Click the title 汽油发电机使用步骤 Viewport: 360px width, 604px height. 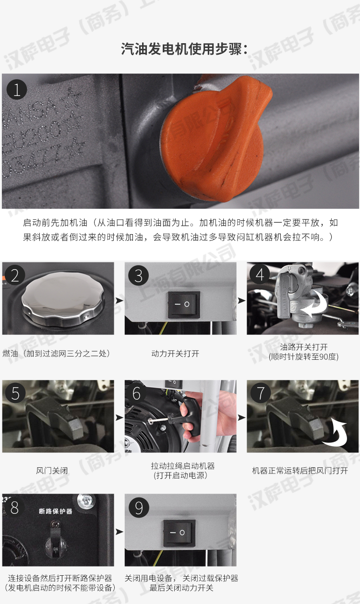(184, 49)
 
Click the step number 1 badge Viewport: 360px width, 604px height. (17, 90)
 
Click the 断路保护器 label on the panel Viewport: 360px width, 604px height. (55, 511)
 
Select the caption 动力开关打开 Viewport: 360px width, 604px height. (175, 354)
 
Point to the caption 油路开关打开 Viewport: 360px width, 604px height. (303, 347)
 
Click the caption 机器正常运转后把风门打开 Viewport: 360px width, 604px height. (300, 471)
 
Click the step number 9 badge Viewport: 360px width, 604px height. (139, 508)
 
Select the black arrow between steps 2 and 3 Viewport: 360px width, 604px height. (120, 301)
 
